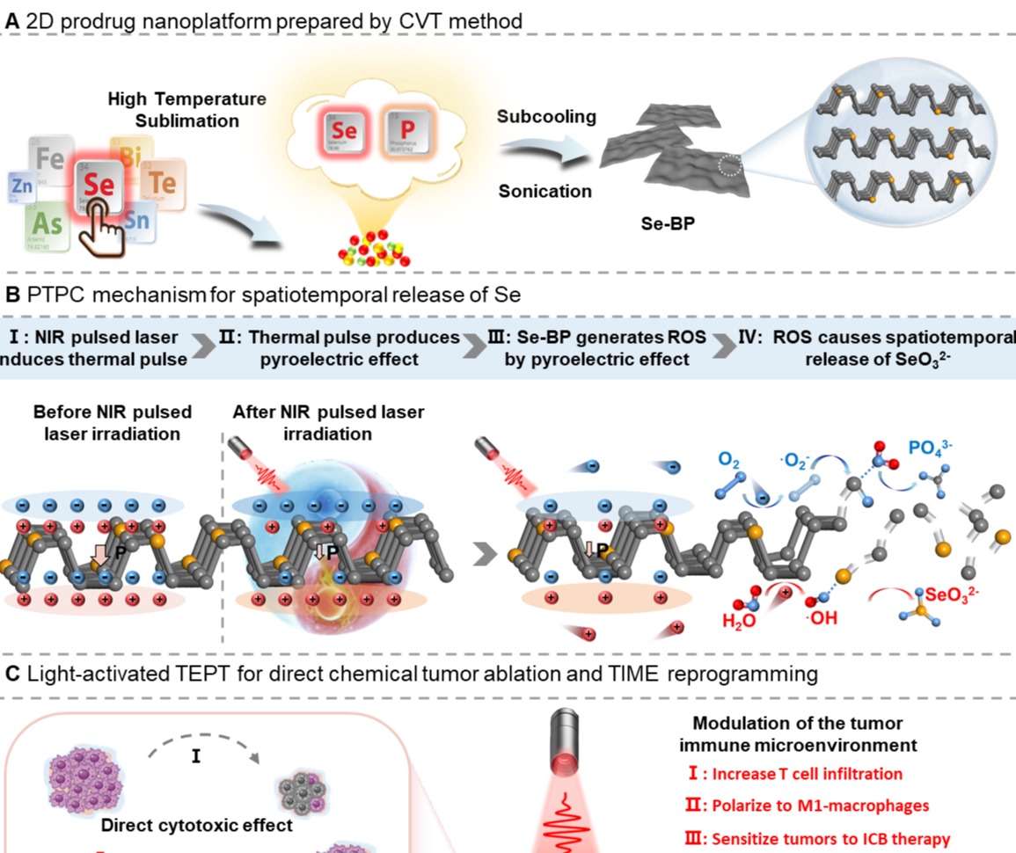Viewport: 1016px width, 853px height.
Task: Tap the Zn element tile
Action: pyautogui.click(x=21, y=187)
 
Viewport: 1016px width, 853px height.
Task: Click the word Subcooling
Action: pyautogui.click(x=546, y=117)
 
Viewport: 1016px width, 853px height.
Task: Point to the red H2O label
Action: pyautogui.click(x=739, y=621)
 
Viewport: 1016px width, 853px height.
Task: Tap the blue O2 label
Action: pyautogui.click(x=728, y=458)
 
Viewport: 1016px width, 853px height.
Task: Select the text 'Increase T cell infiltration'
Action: pyautogui.click(x=808, y=774)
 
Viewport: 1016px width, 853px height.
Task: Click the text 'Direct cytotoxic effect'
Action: pyautogui.click(x=196, y=826)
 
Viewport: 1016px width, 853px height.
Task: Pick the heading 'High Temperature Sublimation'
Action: pyautogui.click(x=186, y=109)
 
